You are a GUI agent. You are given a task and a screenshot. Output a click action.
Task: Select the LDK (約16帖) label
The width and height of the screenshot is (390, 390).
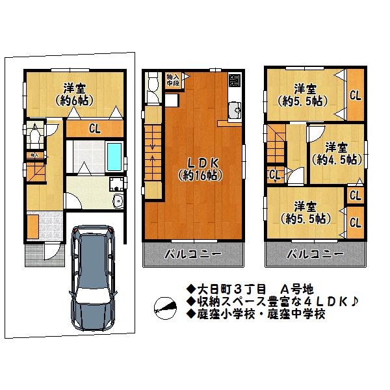tap(199, 167)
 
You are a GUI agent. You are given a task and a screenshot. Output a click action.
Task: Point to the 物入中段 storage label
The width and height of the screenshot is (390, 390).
tap(172, 79)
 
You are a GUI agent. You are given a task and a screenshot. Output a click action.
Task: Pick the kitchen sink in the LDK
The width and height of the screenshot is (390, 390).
tap(235, 107)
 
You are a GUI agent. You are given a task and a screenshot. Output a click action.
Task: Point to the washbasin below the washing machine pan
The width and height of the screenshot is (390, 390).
tap(117, 201)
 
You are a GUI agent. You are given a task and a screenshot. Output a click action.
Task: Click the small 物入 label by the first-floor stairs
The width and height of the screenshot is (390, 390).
tap(32, 155)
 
